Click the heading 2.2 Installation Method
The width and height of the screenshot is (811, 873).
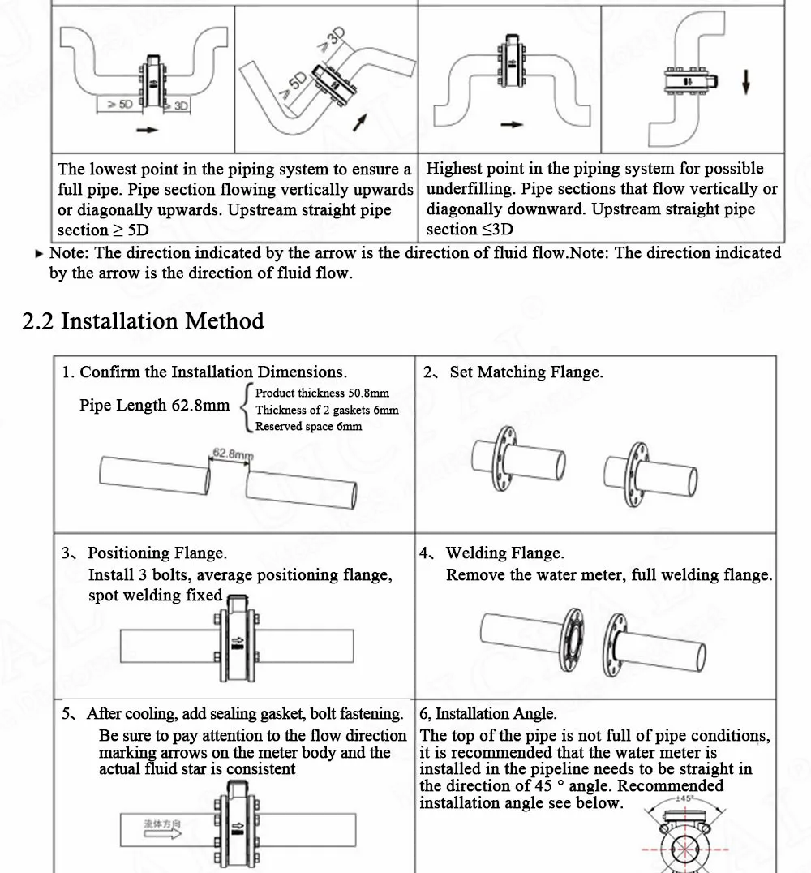pyautogui.click(x=143, y=321)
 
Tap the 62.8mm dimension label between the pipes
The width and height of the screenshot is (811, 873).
pyautogui.click(x=233, y=454)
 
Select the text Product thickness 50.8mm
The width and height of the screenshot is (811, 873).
pyautogui.click(x=322, y=393)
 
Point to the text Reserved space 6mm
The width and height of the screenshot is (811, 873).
pyautogui.click(x=308, y=427)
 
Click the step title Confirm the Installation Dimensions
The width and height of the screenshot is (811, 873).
pyautogui.click(x=212, y=372)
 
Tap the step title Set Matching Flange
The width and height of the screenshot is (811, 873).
pyautogui.click(x=526, y=372)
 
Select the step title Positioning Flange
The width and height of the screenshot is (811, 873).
pyautogui.click(x=157, y=553)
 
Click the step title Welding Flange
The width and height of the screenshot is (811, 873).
pyautogui.click(x=504, y=553)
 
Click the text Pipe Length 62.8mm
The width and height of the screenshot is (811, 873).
pyautogui.click(x=154, y=406)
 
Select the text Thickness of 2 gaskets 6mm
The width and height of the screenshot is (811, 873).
pyautogui.click(x=327, y=411)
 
